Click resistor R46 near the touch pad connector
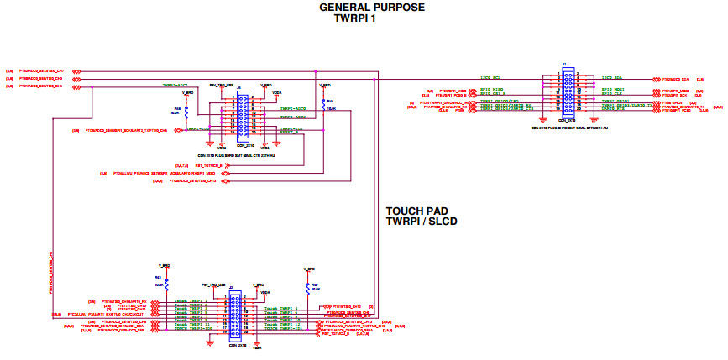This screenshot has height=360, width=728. (x=311, y=287)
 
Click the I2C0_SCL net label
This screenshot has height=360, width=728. (x=490, y=77)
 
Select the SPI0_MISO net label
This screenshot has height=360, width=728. (x=491, y=89)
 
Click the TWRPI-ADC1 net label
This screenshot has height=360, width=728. (x=175, y=86)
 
